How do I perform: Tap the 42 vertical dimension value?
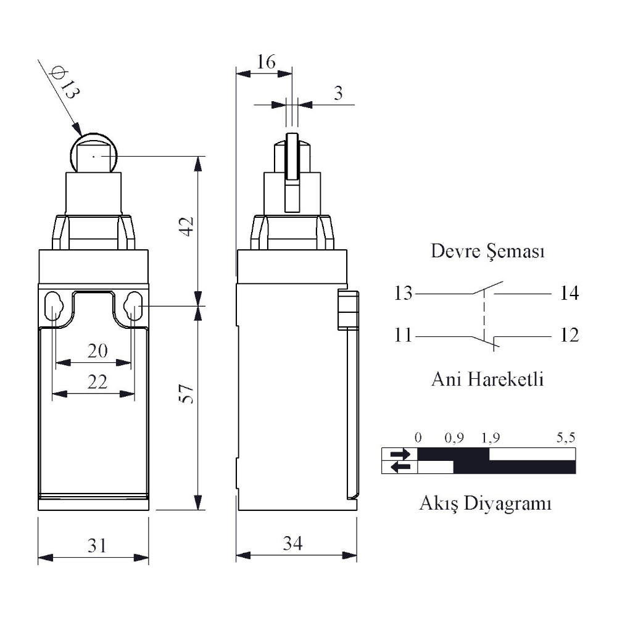tap(187, 226)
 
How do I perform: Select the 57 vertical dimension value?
tap(187, 394)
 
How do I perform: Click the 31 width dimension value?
tap(96, 546)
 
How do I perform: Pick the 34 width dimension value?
tap(292, 544)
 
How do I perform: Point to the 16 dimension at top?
tap(266, 62)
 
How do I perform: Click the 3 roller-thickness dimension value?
tap(338, 93)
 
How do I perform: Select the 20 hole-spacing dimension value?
tap(97, 350)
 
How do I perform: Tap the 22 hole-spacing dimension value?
tap(97, 382)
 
